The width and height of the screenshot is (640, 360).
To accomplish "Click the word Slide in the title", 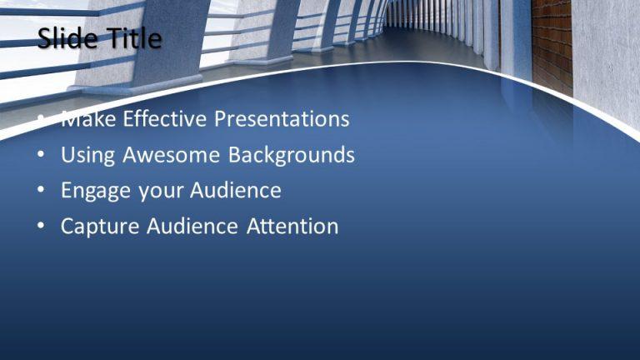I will [x=65, y=38].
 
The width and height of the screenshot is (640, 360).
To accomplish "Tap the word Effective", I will [x=166, y=119].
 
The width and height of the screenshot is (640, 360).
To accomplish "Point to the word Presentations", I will [x=282, y=119].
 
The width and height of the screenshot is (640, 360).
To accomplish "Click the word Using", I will [x=87, y=156].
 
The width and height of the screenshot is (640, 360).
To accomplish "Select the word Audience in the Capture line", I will [x=192, y=227].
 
